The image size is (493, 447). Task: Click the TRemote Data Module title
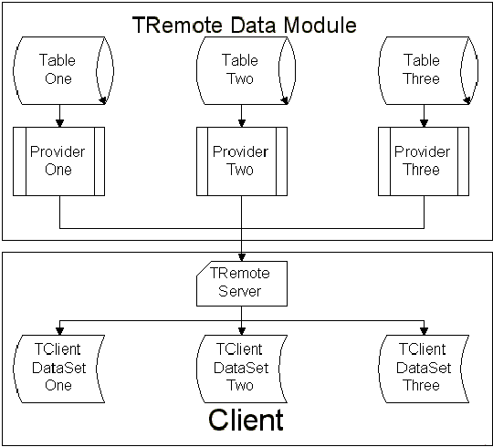coord(245,25)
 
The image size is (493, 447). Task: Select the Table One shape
coord(63,70)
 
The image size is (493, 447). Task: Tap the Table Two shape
coord(246,70)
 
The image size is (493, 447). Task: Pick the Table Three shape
coord(427,70)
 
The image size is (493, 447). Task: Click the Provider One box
coord(58,161)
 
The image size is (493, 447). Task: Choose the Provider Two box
coord(242,161)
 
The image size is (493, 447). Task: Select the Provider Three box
coord(424,161)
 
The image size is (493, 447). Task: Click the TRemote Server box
coord(242,284)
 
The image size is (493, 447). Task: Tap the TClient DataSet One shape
coord(58,369)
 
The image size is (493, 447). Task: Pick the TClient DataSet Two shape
coord(242,369)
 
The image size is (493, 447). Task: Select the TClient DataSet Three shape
coord(424,369)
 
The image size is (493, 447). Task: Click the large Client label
coord(246,420)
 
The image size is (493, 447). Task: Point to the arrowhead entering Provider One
coord(59,123)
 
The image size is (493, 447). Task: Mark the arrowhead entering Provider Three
coord(424,123)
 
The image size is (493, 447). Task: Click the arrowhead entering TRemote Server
coord(241,257)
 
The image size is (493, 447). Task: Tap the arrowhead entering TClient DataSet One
coord(59,331)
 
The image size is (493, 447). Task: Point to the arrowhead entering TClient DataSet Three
coord(424,331)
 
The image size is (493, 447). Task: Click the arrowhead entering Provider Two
coord(241,123)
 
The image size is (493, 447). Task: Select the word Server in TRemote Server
coord(239,291)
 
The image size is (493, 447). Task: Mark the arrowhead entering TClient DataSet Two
coord(241,331)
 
